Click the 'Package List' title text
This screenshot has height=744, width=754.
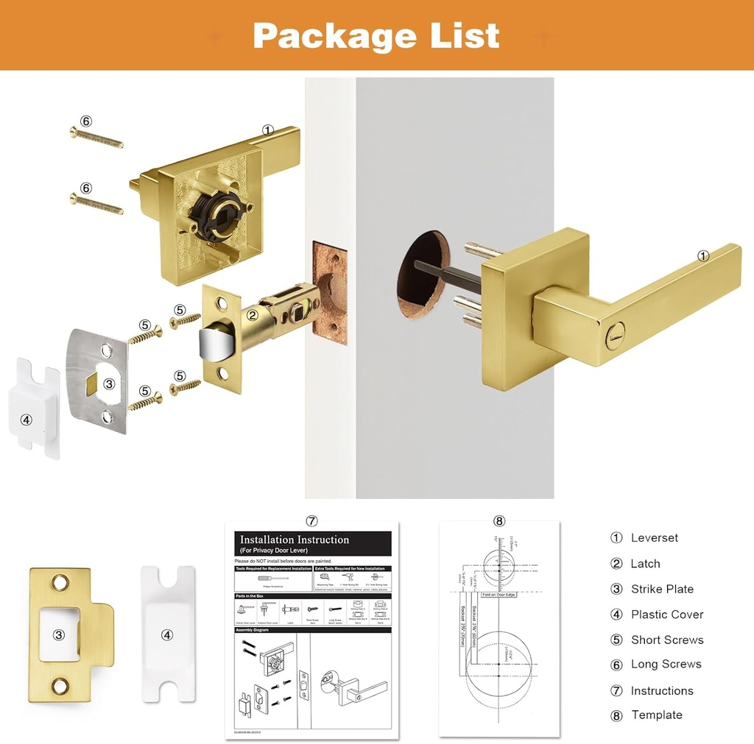(376, 35)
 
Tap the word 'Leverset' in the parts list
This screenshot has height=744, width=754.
(654, 538)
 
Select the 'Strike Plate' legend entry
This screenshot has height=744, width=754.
(661, 589)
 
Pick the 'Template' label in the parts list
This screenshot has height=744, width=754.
(656, 715)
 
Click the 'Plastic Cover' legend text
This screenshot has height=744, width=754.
(666, 614)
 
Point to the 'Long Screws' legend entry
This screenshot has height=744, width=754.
(666, 665)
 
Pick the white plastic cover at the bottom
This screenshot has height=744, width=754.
(167, 631)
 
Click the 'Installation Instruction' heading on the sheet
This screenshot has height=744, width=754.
(295, 540)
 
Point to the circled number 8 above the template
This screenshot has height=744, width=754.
(499, 522)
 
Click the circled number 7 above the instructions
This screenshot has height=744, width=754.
(311, 521)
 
